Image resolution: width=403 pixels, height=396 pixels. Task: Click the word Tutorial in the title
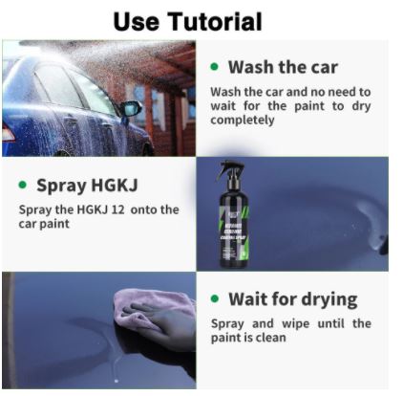point(215,21)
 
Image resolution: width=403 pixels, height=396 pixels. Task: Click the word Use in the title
point(137,21)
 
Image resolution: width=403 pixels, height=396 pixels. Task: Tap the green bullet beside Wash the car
point(215,67)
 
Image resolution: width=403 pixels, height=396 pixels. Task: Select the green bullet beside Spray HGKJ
point(23,185)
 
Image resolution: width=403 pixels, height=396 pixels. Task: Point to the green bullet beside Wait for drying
point(215,298)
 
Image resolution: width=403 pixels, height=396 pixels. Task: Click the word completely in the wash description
point(243,121)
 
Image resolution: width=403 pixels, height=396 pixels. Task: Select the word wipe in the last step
point(296,324)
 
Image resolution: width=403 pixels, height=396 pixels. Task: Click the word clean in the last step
point(271,338)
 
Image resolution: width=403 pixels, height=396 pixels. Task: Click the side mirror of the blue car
point(130,109)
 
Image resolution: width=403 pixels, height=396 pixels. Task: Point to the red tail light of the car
point(8,133)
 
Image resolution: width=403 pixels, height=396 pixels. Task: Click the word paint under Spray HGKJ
point(54,224)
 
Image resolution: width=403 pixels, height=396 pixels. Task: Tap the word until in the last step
point(331,323)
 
